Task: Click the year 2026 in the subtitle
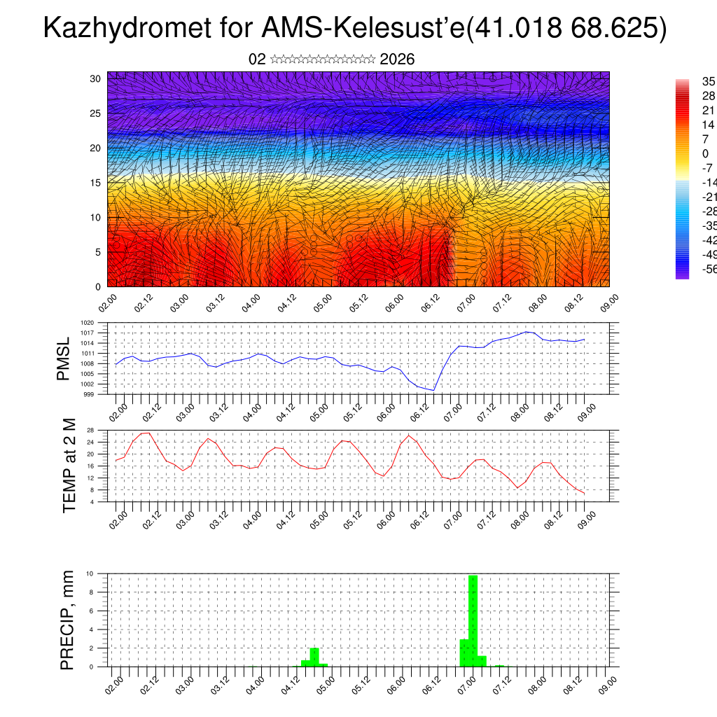tap(397, 60)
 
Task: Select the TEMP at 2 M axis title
tap(69, 466)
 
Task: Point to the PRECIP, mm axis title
tap(67, 620)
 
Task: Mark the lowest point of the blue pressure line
tap(434, 390)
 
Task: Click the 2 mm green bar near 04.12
tap(314, 657)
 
